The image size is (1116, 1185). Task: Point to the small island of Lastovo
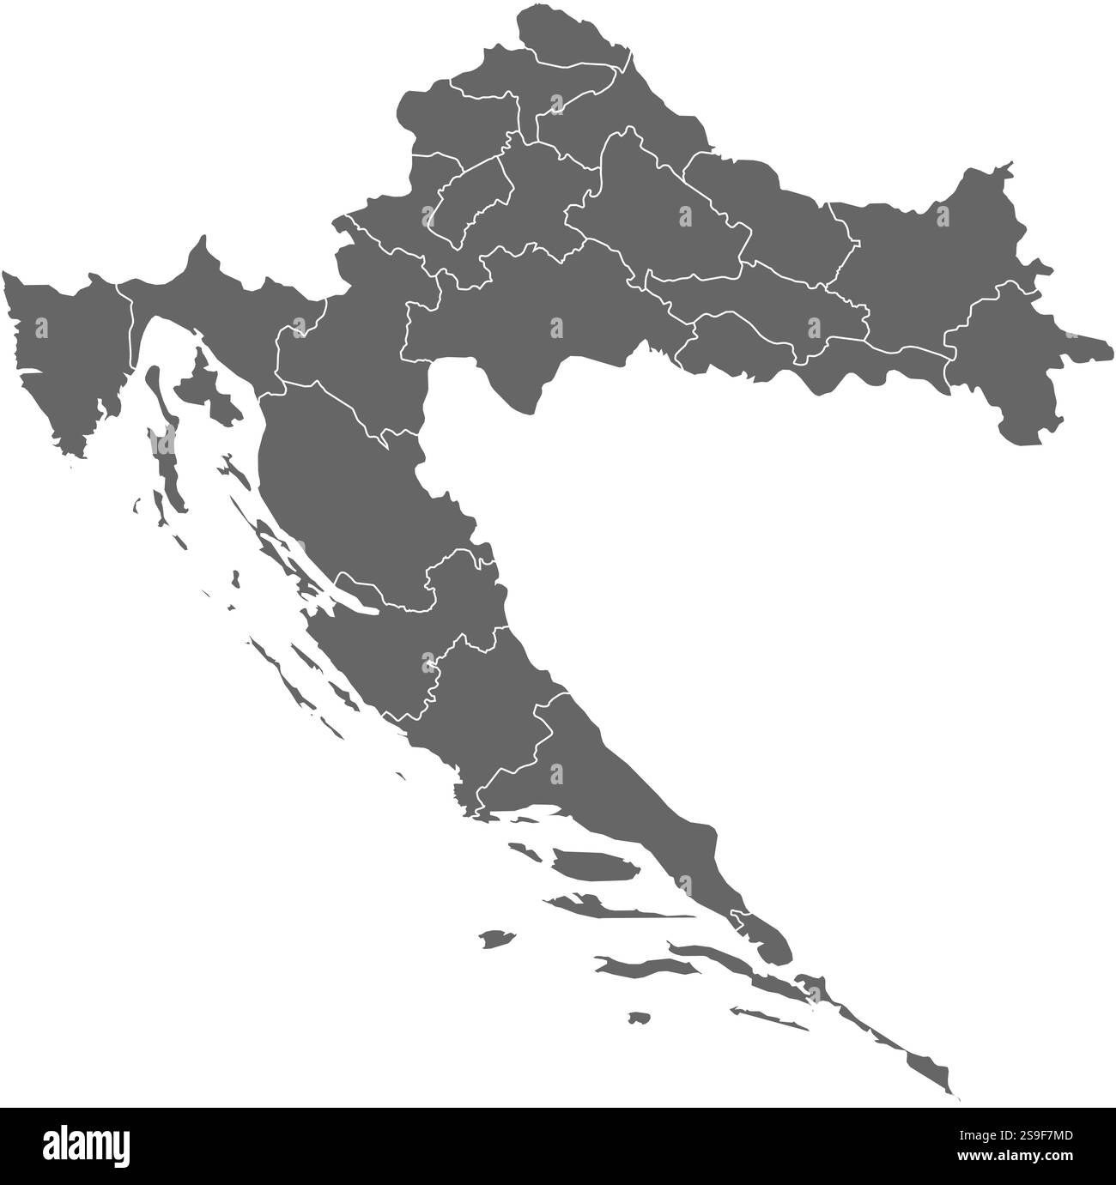[x=638, y=1018]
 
